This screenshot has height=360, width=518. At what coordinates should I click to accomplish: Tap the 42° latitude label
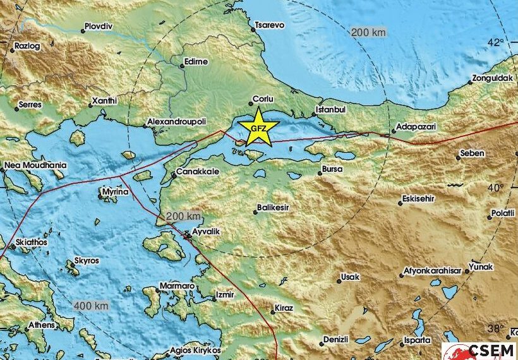point(497,43)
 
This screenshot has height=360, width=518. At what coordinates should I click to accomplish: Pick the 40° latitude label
point(497,188)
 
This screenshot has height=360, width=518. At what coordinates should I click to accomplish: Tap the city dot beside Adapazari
point(394,131)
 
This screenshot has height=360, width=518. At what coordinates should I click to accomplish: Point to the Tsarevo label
point(270,25)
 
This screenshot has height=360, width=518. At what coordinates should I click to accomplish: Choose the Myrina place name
point(118,189)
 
